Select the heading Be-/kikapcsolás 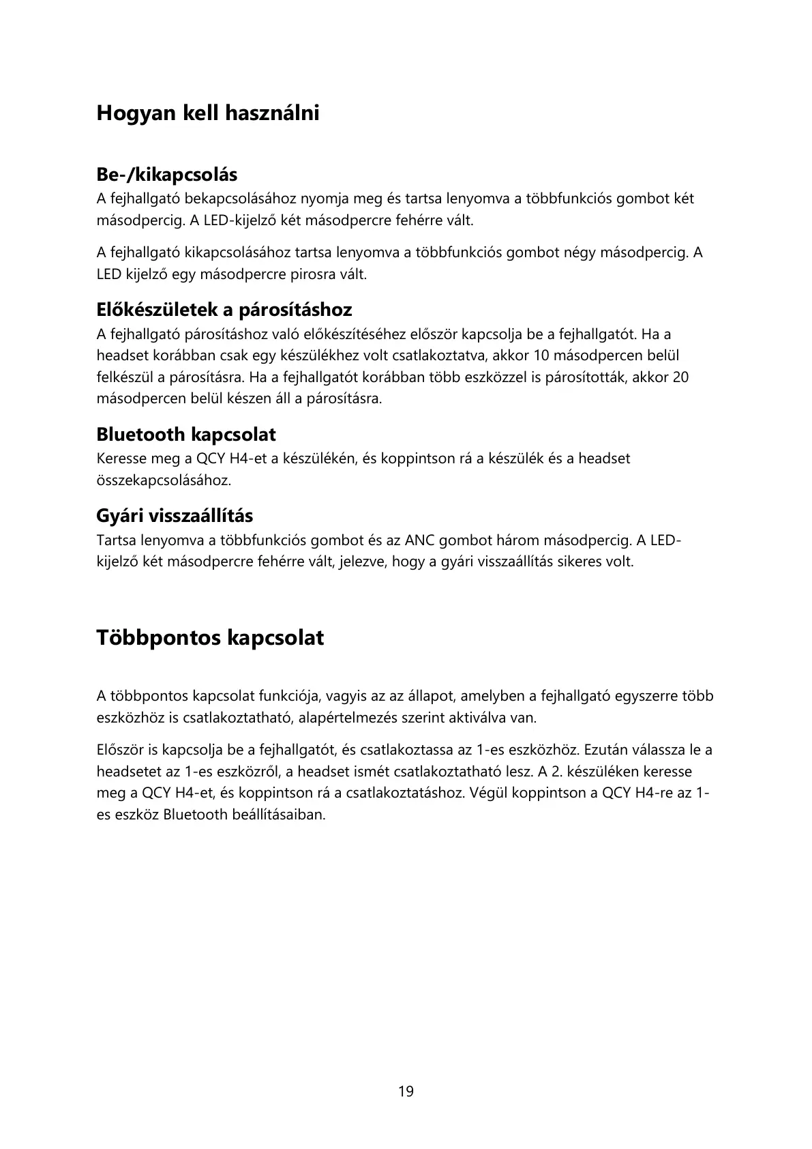(x=166, y=175)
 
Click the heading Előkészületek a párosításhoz (x=224, y=310)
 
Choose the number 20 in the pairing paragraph (x=680, y=377)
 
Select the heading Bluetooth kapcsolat (x=185, y=434)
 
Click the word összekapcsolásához (x=164, y=480)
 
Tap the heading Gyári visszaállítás (x=175, y=515)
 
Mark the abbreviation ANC (x=420, y=540)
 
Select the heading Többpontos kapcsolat (x=210, y=638)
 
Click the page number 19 (x=406, y=1091)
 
